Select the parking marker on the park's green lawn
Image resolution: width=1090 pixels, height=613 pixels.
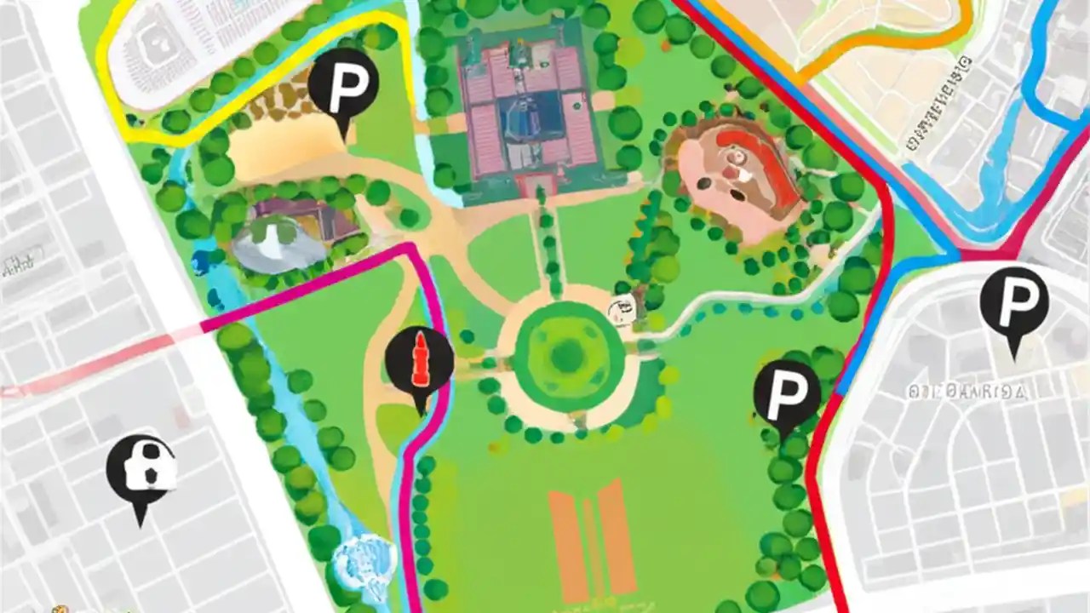coord(787,393)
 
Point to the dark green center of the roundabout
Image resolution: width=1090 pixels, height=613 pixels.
coord(566,355)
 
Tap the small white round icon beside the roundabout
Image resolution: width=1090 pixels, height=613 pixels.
coord(622,308)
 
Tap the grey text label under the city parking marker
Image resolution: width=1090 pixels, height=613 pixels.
coord(967,392)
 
